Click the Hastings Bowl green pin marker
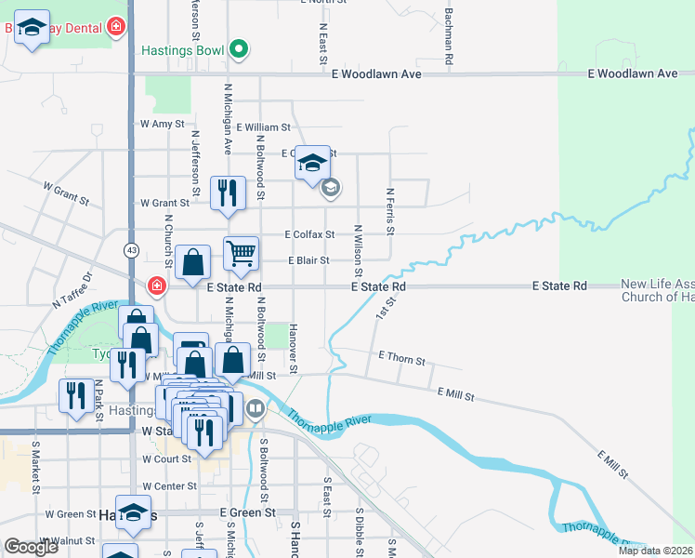239,49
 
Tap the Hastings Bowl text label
183,50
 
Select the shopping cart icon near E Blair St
241,253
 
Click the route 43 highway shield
132,250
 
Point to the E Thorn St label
401,357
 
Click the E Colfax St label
309,234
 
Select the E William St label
263,127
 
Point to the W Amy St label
162,124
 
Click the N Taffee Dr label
73,290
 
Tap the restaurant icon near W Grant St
227,193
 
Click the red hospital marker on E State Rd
156,286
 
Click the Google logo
32,547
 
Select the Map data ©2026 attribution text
654,551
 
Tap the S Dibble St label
359,530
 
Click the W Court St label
166,459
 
